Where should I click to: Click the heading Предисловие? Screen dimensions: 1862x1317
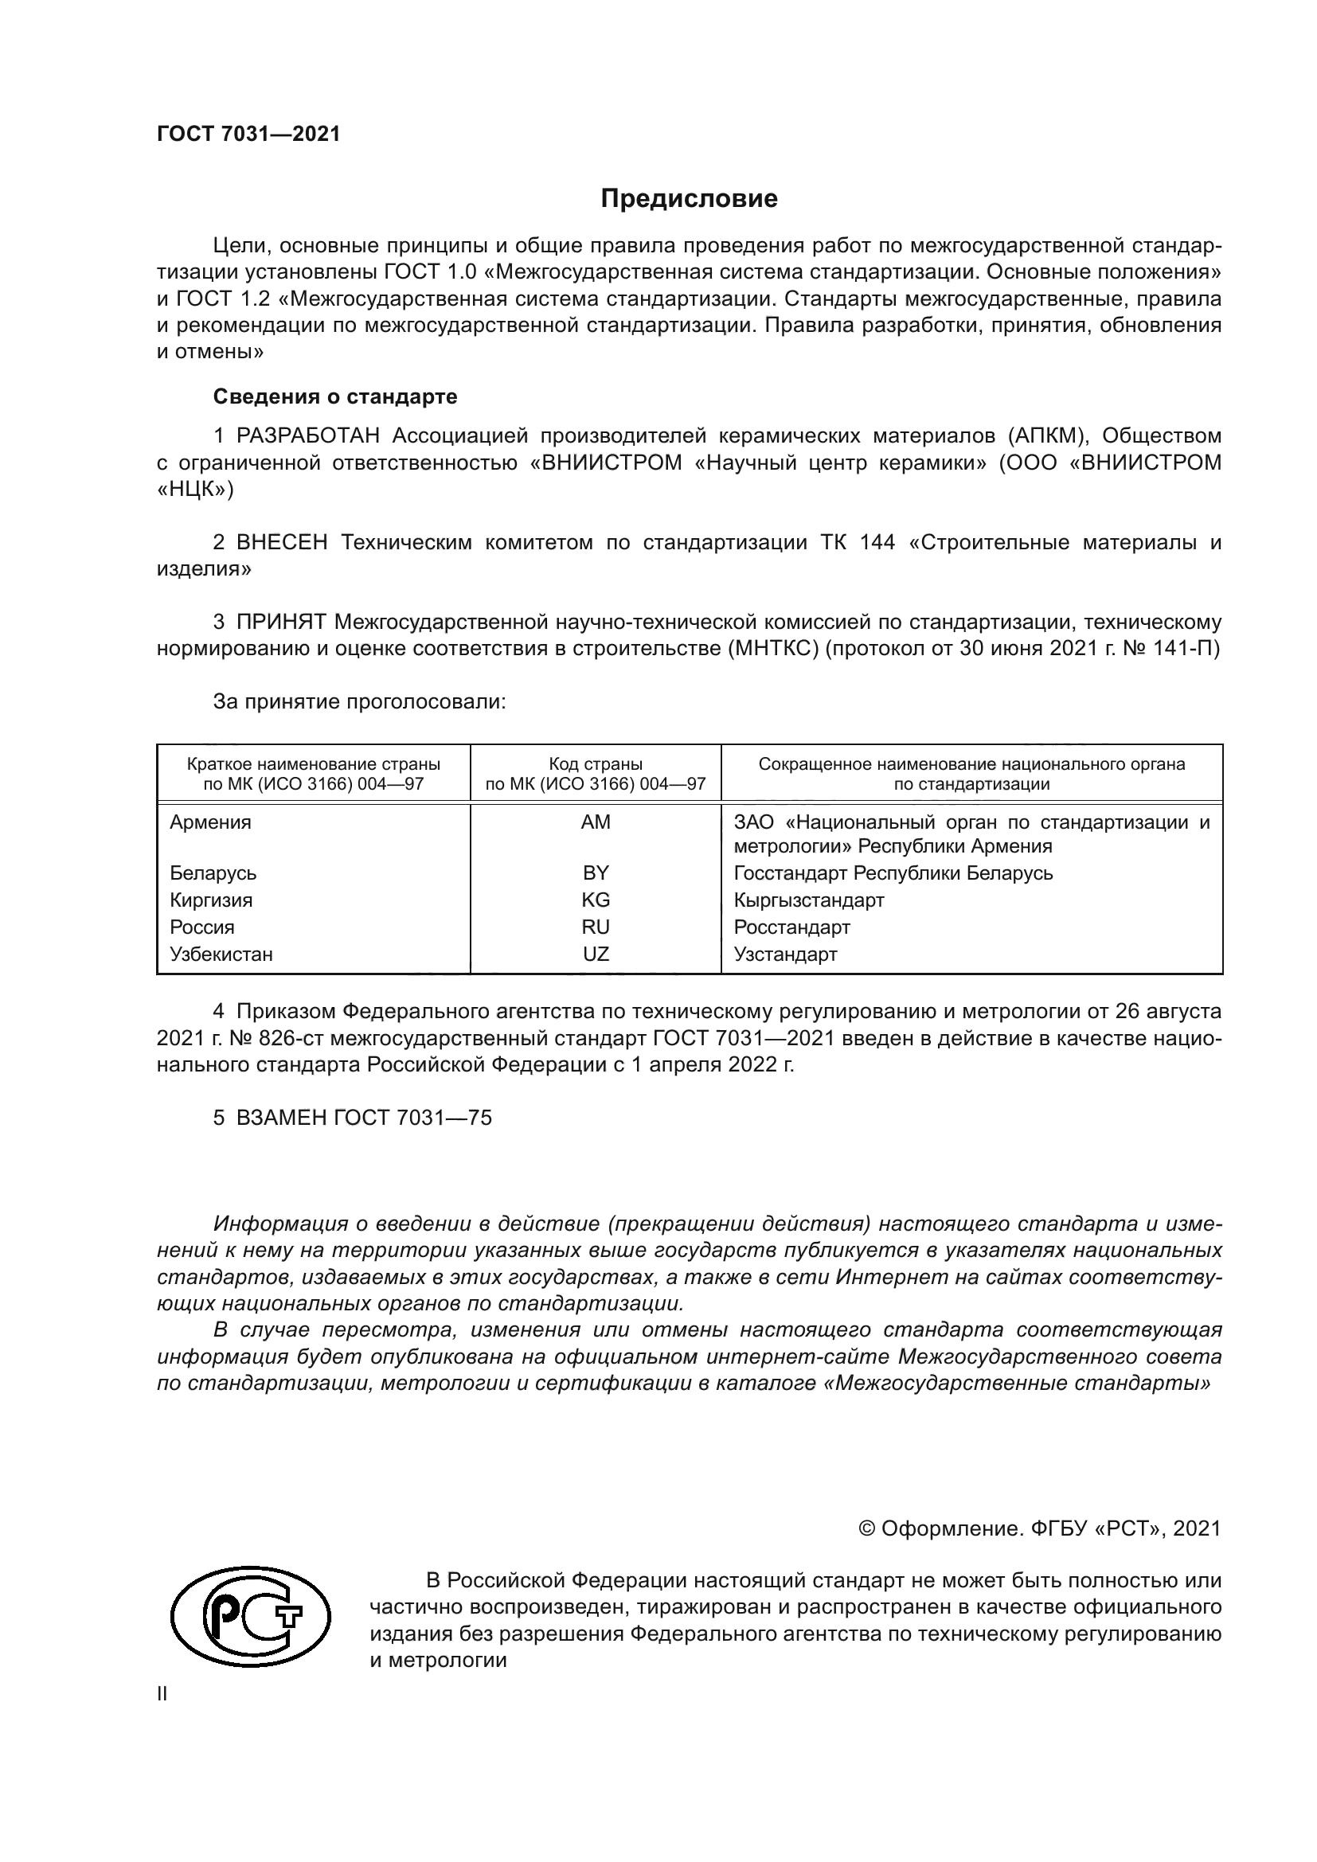tap(689, 199)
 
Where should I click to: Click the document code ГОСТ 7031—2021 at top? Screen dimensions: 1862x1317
tap(248, 135)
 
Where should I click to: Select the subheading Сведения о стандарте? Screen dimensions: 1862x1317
tap(335, 396)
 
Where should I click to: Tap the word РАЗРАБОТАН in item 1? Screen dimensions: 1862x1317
tap(308, 436)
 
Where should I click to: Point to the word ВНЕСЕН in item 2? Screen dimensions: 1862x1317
tap(282, 543)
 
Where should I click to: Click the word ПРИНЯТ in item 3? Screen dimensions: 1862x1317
tap(281, 622)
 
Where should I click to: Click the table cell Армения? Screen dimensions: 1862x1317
tap(211, 822)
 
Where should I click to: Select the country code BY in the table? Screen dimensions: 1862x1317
tap(596, 873)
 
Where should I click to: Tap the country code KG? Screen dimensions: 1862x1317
tap(596, 900)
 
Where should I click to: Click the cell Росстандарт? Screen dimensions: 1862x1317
tap(791, 927)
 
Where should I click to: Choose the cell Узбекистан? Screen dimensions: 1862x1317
tap(221, 954)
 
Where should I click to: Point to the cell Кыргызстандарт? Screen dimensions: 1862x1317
tap(808, 900)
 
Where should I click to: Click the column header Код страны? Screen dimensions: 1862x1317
tap(596, 764)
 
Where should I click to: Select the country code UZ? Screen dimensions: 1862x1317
tap(596, 954)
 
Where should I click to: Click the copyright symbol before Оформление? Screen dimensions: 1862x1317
tap(866, 1528)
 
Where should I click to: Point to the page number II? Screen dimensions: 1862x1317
tap(162, 1694)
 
